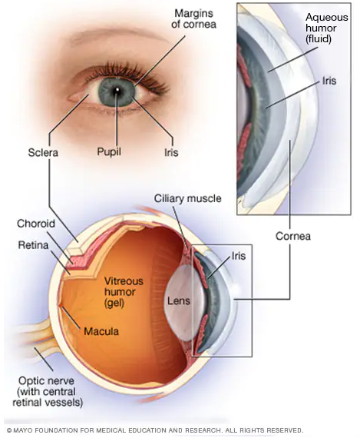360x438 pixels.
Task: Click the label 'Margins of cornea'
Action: click(193, 18)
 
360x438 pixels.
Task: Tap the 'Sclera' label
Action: click(43, 152)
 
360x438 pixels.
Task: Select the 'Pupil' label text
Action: click(109, 152)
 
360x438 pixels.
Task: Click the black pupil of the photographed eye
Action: click(117, 91)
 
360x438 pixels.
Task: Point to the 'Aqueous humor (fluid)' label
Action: click(327, 28)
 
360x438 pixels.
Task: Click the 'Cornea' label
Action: click(293, 236)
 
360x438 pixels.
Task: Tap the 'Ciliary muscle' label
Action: click(188, 198)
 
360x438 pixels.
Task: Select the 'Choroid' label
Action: click(36, 224)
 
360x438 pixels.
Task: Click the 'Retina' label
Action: click(33, 245)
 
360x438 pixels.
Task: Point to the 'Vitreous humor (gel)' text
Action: click(124, 292)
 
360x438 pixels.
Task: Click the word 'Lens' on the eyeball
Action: click(179, 301)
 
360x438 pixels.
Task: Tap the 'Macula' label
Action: click(101, 331)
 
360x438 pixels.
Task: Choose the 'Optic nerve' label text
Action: click(46, 381)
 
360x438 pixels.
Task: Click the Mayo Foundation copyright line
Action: click(155, 430)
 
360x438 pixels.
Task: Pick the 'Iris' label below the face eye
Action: click(171, 152)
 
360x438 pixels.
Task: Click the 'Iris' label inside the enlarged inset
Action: click(329, 81)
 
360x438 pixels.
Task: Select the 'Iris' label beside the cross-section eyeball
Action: click(239, 256)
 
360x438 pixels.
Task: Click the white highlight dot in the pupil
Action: click(117, 90)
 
